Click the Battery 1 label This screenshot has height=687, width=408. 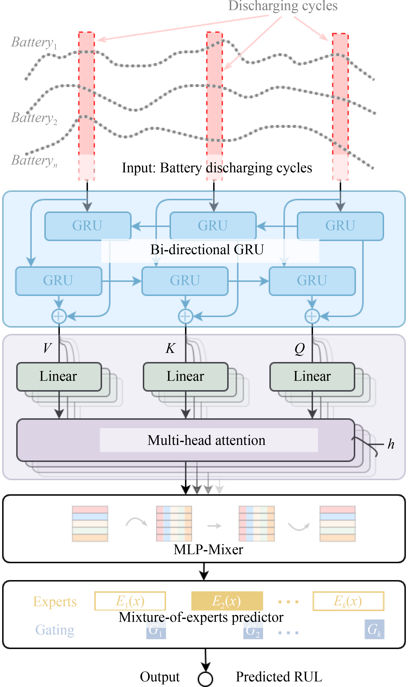(x=34, y=43)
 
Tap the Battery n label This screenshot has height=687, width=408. (x=34, y=161)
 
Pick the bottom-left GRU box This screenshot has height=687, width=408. (x=59, y=281)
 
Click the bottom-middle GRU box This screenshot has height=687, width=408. (x=185, y=281)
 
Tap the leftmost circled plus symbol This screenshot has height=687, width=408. (x=59, y=316)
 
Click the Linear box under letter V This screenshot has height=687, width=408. (x=59, y=376)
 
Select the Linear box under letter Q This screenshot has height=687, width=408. (x=312, y=376)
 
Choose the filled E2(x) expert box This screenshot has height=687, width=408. (x=227, y=601)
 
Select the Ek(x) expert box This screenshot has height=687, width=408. (x=348, y=601)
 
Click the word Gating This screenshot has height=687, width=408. (x=55, y=630)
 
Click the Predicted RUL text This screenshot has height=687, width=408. (x=279, y=677)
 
